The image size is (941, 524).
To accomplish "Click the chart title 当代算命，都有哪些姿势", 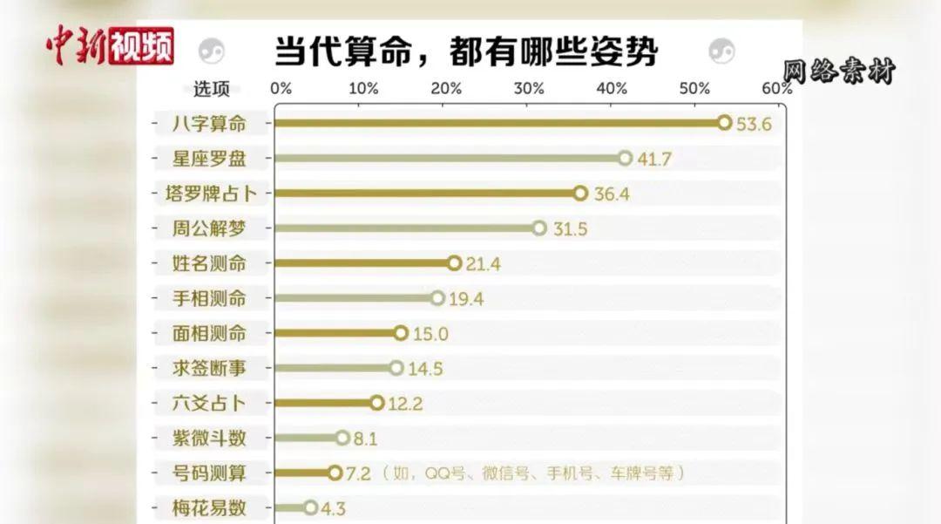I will coord(466,51).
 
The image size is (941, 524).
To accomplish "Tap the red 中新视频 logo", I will coord(111,46).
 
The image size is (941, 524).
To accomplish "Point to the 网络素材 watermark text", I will coord(838,71).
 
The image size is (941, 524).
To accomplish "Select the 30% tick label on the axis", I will coord(529,89).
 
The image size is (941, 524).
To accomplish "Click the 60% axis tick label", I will coord(776,89).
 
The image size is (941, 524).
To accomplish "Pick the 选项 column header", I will coord(212,89).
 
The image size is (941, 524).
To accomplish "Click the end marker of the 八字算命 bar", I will coord(724,123).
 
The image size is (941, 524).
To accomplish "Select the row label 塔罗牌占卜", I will coord(206,194).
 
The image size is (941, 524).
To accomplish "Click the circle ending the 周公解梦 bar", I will coord(539,228).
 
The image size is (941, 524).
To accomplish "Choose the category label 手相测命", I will coord(210,298).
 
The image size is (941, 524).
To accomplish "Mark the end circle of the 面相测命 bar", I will coord(401,333).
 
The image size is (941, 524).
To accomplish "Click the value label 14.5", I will coord(425,369).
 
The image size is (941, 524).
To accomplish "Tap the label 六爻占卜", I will coord(210,403).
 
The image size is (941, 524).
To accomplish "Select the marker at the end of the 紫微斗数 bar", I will coord(342,438).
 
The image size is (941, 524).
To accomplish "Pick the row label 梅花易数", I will coord(210,507).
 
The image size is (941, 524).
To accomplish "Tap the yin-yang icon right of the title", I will coord(722,51).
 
